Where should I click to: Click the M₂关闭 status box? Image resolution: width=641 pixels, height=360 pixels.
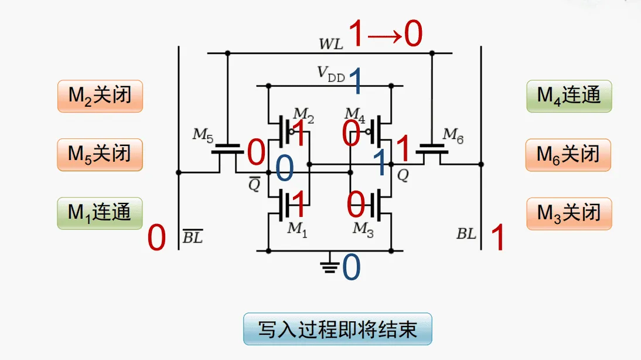(x=100, y=96)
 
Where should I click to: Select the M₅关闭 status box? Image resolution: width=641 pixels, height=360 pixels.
(x=100, y=155)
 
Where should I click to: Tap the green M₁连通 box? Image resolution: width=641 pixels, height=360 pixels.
(x=100, y=213)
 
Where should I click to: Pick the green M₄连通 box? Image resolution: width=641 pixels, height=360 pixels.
(x=568, y=96)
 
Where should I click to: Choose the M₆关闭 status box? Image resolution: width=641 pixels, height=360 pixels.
(x=568, y=155)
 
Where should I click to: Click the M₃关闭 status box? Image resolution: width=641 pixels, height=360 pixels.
(x=568, y=213)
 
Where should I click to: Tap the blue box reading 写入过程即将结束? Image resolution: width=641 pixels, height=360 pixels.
(x=337, y=329)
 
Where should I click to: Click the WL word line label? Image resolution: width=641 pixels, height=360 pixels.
(x=331, y=44)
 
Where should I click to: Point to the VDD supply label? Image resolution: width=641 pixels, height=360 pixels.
(x=330, y=73)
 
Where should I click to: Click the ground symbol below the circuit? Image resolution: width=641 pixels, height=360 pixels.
(x=330, y=264)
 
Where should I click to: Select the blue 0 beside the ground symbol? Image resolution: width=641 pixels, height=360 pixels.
(x=351, y=268)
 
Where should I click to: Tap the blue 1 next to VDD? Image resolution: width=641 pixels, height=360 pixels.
(x=355, y=81)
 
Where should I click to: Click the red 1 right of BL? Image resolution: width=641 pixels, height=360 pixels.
(x=497, y=239)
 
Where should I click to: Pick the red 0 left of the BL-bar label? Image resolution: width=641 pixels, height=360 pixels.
(x=156, y=239)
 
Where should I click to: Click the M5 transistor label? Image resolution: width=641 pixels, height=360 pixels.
(x=203, y=135)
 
